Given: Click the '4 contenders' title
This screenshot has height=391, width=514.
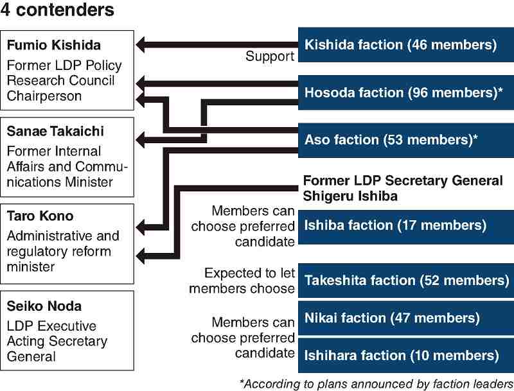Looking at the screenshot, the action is point(57,10).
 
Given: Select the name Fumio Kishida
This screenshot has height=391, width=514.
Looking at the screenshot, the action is point(54,45).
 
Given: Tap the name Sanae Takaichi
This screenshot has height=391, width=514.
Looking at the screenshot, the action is point(55,132).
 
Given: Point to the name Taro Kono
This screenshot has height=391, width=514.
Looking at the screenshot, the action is point(40,216).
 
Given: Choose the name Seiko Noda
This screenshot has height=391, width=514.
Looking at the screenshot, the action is point(44,306).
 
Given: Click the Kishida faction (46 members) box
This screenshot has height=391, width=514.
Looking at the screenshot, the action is point(406,45).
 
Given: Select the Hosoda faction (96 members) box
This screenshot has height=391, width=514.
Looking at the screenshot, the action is point(406,92).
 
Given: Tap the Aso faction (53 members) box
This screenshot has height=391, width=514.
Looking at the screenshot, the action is point(406,140).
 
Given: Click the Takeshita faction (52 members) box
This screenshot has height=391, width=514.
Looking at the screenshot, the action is point(406,281).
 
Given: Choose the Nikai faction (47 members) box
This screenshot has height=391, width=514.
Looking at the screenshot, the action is point(406,318).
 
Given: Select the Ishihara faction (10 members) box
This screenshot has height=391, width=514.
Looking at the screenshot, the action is point(406,356).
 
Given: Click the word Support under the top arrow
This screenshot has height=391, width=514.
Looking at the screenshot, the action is point(270,56).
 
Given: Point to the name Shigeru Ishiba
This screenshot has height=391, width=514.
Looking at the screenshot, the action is point(350,196).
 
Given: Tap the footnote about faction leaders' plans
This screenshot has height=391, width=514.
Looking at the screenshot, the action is point(377,384).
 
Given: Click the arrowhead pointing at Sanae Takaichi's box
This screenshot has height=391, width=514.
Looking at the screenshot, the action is point(140,140).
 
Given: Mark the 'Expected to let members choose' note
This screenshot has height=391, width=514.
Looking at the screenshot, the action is point(242,281).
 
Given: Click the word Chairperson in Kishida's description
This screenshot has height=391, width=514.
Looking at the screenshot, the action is point(44,96).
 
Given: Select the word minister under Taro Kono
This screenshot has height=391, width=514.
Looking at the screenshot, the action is point(31,267).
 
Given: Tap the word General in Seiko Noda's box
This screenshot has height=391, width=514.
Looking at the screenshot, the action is point(31,356).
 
